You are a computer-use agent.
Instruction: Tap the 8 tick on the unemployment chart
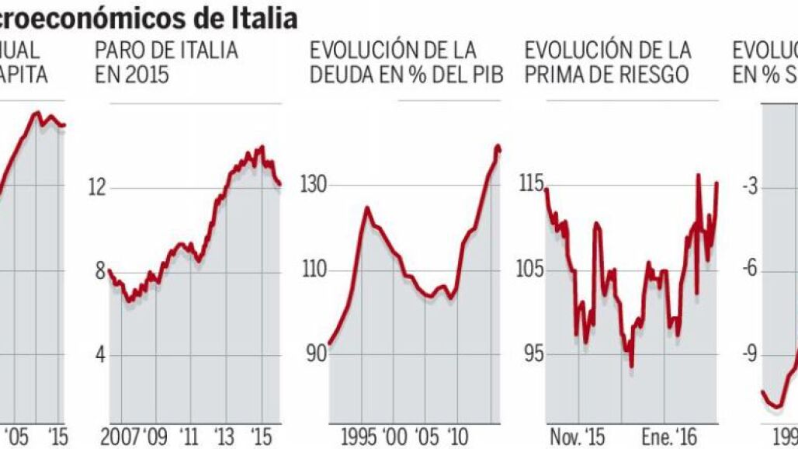pos(99,271)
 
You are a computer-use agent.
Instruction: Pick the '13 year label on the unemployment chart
pos(224,436)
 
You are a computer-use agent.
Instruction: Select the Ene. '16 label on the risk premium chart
pos(669,436)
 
